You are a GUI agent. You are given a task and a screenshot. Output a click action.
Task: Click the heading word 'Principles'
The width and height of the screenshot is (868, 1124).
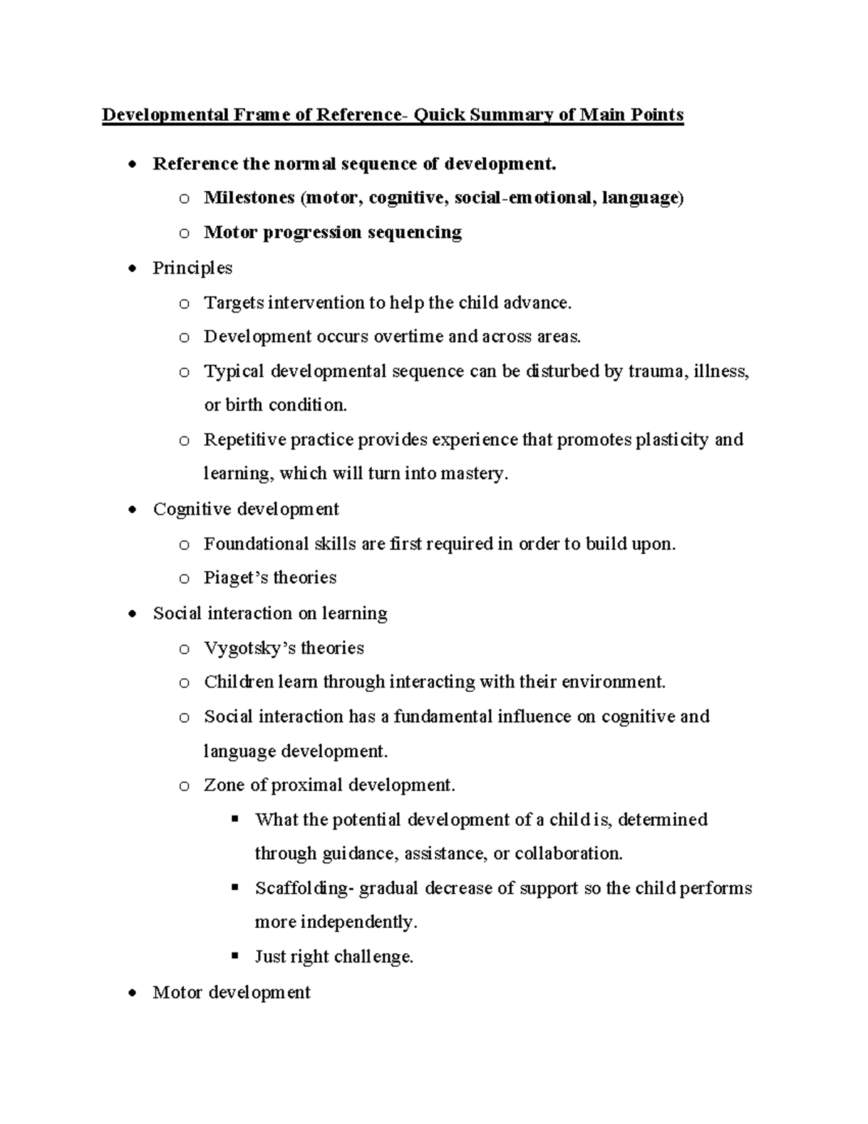click(192, 268)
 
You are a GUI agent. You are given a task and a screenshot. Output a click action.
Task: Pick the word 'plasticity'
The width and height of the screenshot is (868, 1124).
click(671, 440)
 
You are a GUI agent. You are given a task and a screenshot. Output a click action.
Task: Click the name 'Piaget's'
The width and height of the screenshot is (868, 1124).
click(236, 578)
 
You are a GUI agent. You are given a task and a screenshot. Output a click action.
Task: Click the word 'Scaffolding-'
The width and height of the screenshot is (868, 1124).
click(305, 889)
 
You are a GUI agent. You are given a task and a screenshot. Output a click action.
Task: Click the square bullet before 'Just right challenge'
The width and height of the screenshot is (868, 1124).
click(234, 956)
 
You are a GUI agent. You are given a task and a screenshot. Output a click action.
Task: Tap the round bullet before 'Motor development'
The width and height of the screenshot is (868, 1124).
click(131, 993)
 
